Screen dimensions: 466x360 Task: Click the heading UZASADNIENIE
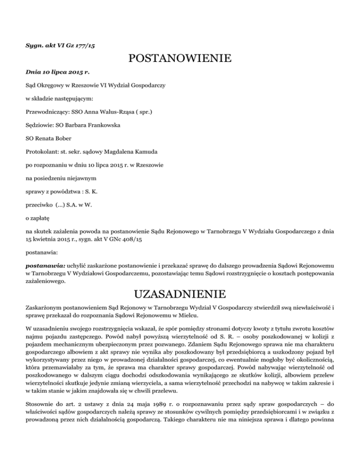(180, 294)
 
